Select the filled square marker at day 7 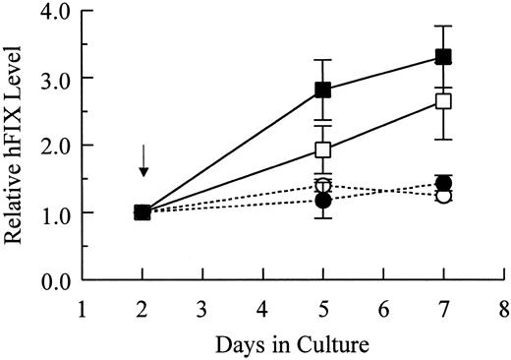(443, 56)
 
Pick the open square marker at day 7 (443, 100)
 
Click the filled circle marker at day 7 (443, 183)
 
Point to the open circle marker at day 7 (443, 196)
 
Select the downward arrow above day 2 (143, 160)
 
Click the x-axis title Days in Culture (294, 344)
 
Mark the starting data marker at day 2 (142, 212)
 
